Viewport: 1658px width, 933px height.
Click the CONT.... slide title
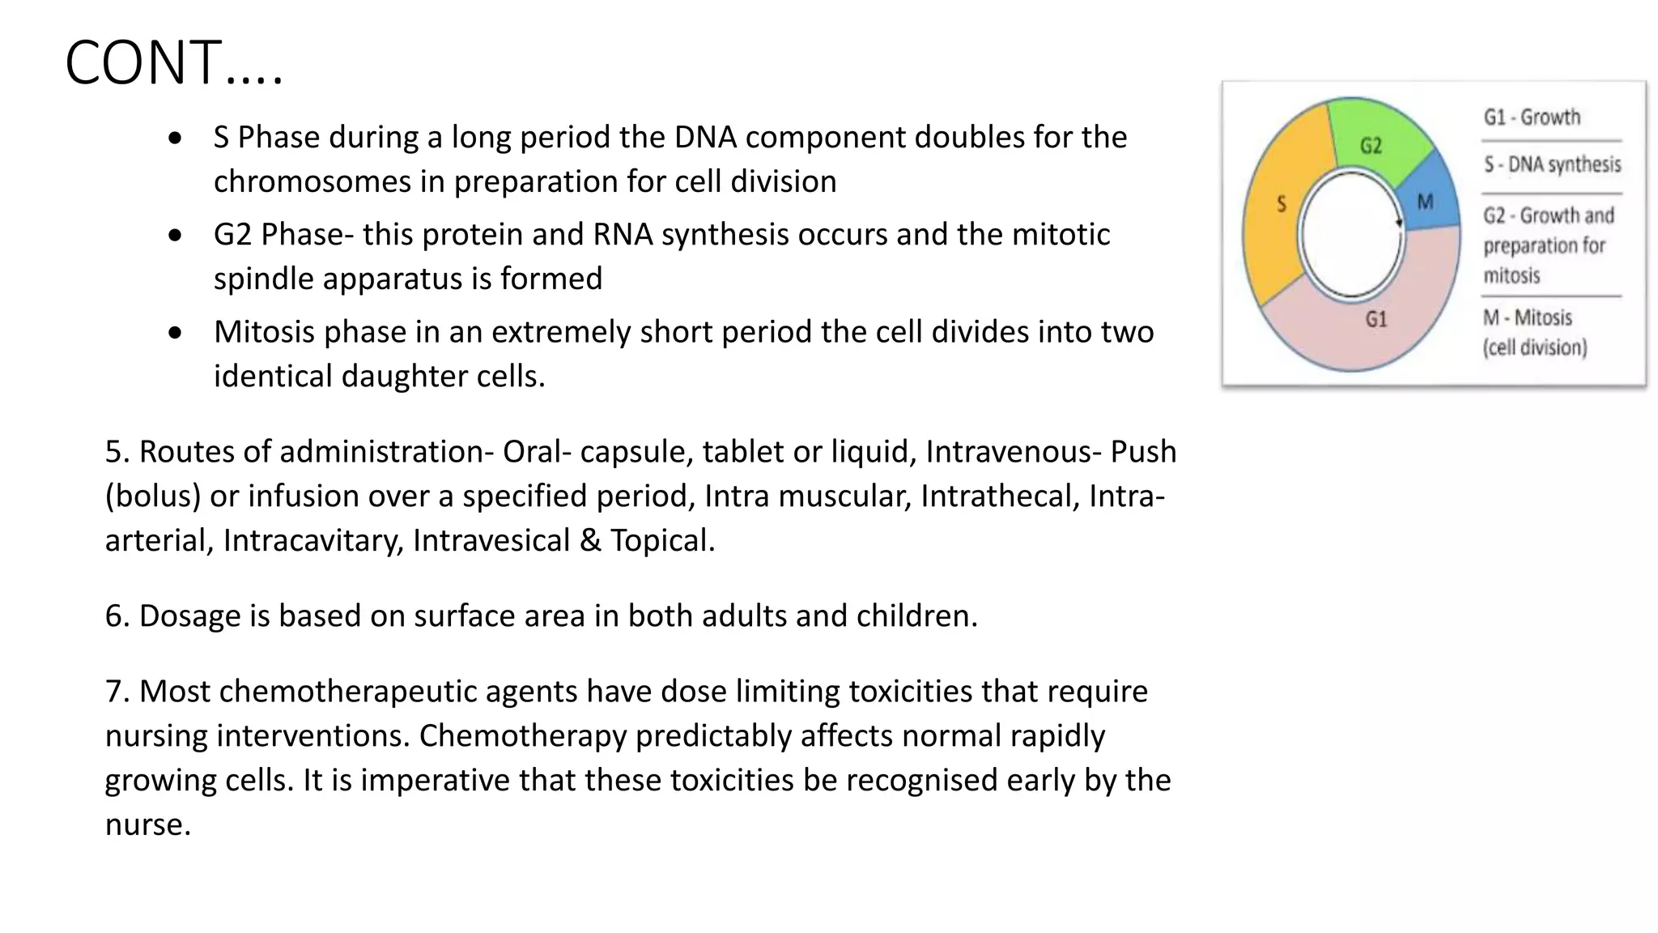[174, 63]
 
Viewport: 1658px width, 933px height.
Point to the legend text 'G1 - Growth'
[1532, 117]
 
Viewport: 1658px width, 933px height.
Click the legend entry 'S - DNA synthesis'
[1552, 165]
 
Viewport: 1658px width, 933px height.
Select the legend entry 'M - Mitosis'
[1528, 317]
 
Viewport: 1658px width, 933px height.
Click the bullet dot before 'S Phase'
[175, 138]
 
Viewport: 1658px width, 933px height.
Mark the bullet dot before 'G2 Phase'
[175, 236]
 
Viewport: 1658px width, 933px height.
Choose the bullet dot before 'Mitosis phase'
[175, 333]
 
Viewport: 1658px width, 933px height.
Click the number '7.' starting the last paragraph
[117, 692]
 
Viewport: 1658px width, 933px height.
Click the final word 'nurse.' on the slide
[148, 825]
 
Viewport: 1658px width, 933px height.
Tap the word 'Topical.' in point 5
[662, 541]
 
